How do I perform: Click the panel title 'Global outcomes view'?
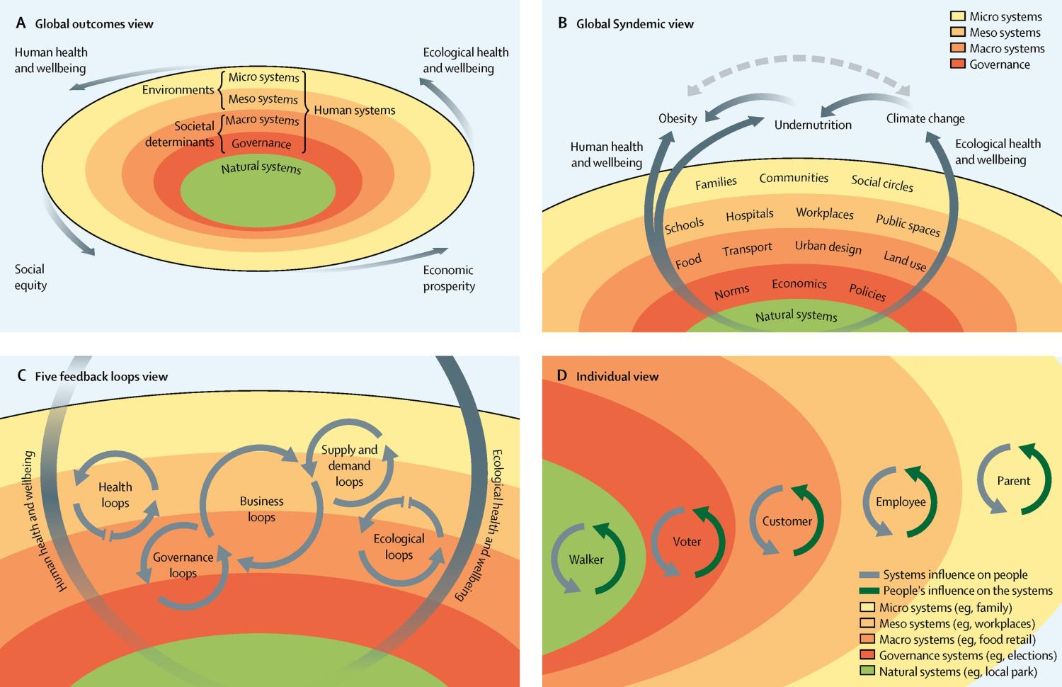(94, 23)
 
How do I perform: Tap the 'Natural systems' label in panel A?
(261, 168)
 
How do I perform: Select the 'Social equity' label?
(30, 277)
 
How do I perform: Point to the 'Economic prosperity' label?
(449, 278)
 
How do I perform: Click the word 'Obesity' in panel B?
(678, 118)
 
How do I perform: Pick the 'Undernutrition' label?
(813, 125)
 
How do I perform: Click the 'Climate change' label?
(925, 118)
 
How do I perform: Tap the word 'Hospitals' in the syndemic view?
(750, 215)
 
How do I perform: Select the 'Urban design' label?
(828, 246)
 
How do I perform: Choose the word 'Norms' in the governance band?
(731, 292)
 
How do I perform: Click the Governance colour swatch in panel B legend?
(957, 64)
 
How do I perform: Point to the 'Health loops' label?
(115, 494)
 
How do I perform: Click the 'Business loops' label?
(261, 509)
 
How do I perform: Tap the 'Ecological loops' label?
(399, 546)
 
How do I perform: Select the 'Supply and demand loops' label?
(349, 465)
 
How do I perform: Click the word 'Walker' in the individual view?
(586, 560)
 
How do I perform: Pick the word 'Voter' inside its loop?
(687, 542)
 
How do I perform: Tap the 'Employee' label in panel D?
(901, 501)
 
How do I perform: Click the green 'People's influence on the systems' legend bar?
(869, 591)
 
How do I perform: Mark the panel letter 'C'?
(21, 375)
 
